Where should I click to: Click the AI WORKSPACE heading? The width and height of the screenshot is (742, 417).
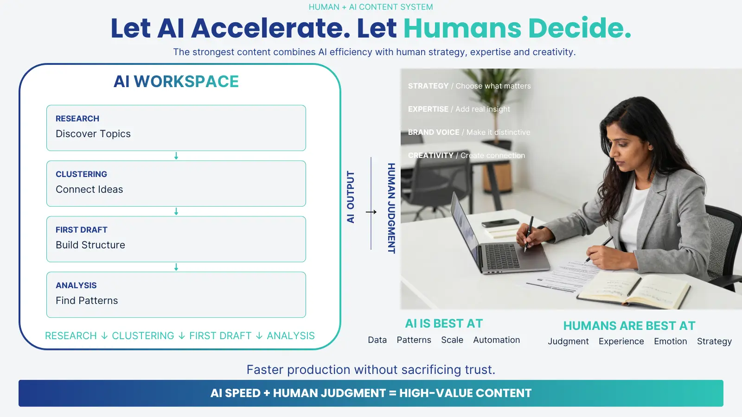coord(176,82)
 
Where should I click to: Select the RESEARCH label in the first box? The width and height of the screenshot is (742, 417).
coord(77,119)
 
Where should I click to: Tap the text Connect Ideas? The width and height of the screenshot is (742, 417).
coord(89,190)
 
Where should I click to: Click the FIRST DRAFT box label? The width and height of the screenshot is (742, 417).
coord(82,230)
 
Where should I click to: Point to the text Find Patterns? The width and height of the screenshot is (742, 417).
coord(87,301)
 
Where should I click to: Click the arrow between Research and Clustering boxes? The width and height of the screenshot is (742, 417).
coord(176,156)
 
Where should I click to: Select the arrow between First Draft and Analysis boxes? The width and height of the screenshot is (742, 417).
coord(176,267)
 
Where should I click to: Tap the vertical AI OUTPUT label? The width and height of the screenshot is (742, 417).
coord(351,197)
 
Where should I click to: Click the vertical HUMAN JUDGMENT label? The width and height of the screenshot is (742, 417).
coord(391,208)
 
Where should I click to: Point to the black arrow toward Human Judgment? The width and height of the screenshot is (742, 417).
coord(371,212)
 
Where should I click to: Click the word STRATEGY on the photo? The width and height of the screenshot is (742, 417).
coord(429,86)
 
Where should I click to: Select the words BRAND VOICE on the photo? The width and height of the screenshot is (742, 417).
coord(434,133)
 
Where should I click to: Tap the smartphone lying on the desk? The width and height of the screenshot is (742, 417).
coord(500,223)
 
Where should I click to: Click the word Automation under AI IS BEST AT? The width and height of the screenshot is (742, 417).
coord(497,340)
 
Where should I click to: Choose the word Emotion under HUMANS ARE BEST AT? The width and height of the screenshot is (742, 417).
coord(671,341)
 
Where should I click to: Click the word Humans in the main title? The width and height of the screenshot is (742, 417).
coord(462,28)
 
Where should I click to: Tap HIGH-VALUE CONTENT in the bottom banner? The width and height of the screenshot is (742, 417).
coord(466,393)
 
